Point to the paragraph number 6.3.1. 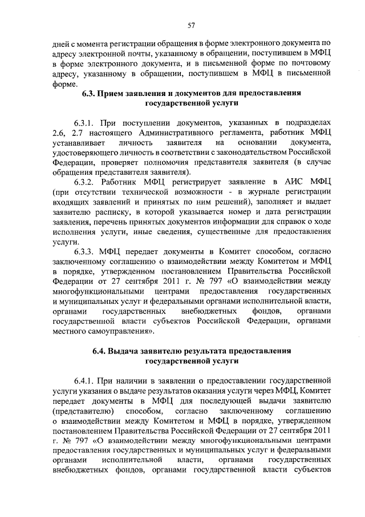pyautogui.click(x=86, y=122)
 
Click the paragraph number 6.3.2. pyautogui.click(x=86, y=181)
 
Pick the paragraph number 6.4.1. pyautogui.click(x=86, y=380)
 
